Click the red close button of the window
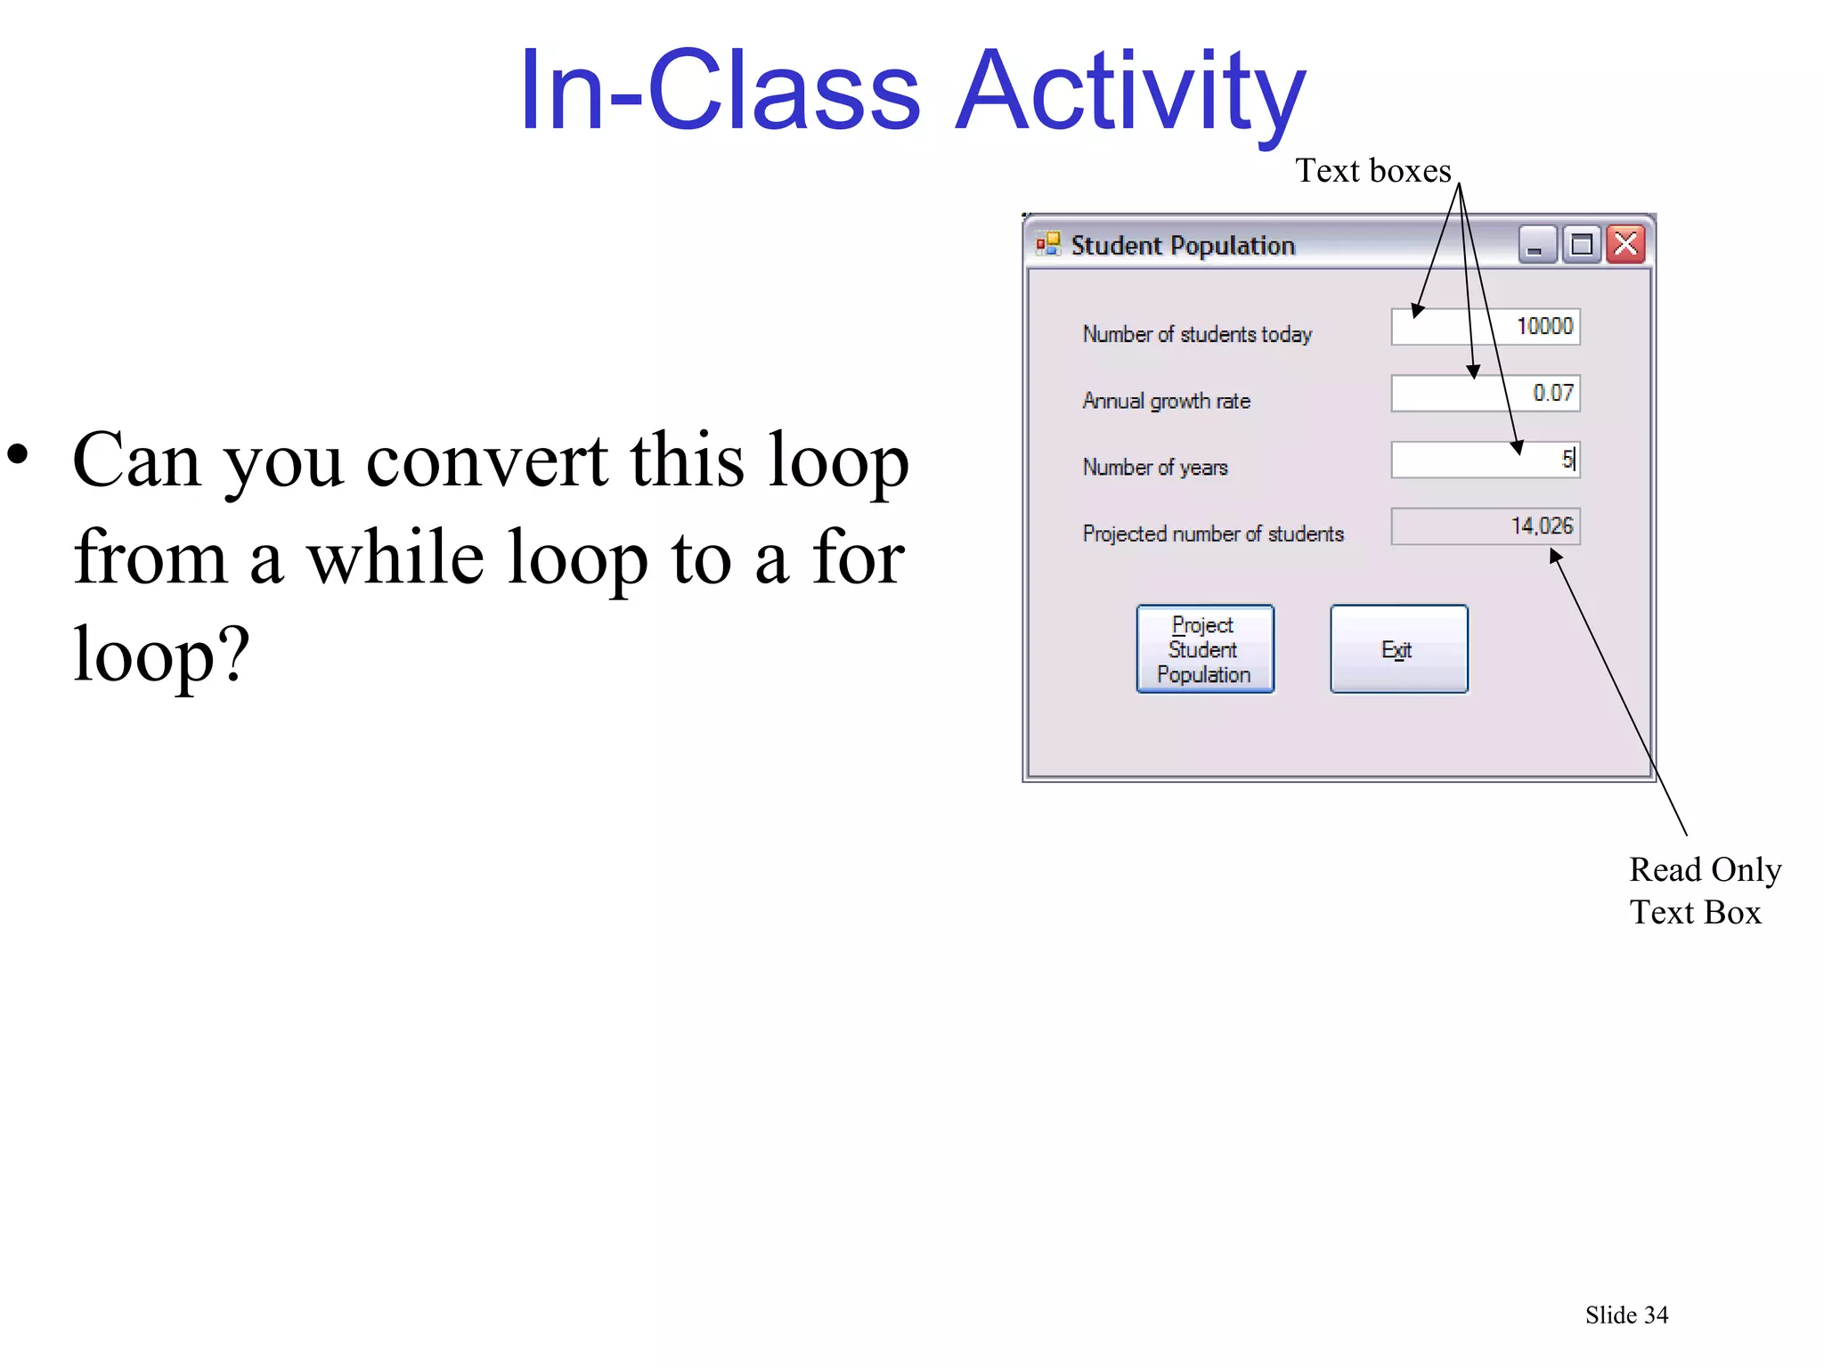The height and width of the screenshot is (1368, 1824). (x=1626, y=244)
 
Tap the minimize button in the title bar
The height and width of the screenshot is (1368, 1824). (x=1536, y=244)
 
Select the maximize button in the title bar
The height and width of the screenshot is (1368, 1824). (x=1582, y=244)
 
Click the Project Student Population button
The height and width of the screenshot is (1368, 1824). (x=1204, y=649)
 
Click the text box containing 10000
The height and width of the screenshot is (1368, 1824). (x=1485, y=327)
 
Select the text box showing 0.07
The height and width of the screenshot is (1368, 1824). (x=1485, y=394)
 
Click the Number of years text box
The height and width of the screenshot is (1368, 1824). (x=1485, y=460)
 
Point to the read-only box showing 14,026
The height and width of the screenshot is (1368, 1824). (x=1485, y=526)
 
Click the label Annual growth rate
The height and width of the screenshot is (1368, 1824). (x=1166, y=401)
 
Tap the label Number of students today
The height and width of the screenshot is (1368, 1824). (x=1197, y=334)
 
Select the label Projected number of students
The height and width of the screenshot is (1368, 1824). (x=1212, y=533)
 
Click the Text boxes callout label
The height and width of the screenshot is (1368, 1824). (x=1372, y=170)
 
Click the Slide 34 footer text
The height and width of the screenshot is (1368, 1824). (x=1626, y=1315)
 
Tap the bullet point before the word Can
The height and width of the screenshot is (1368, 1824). (x=19, y=454)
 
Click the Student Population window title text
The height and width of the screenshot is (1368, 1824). (x=1182, y=246)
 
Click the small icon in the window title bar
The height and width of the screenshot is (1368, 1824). (x=1048, y=244)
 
